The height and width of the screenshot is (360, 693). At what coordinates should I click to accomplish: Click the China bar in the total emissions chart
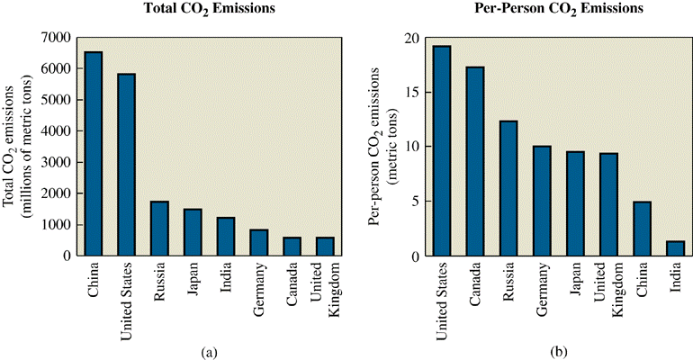point(94,154)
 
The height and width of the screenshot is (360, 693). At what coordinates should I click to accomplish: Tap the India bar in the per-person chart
point(675,248)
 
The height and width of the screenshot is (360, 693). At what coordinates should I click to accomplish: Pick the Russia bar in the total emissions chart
point(159,229)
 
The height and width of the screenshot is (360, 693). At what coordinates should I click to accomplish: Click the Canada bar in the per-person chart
point(474,161)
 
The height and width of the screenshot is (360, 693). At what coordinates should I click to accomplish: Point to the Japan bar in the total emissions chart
point(193,232)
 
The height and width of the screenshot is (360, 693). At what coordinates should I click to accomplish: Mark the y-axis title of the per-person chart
point(380,147)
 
